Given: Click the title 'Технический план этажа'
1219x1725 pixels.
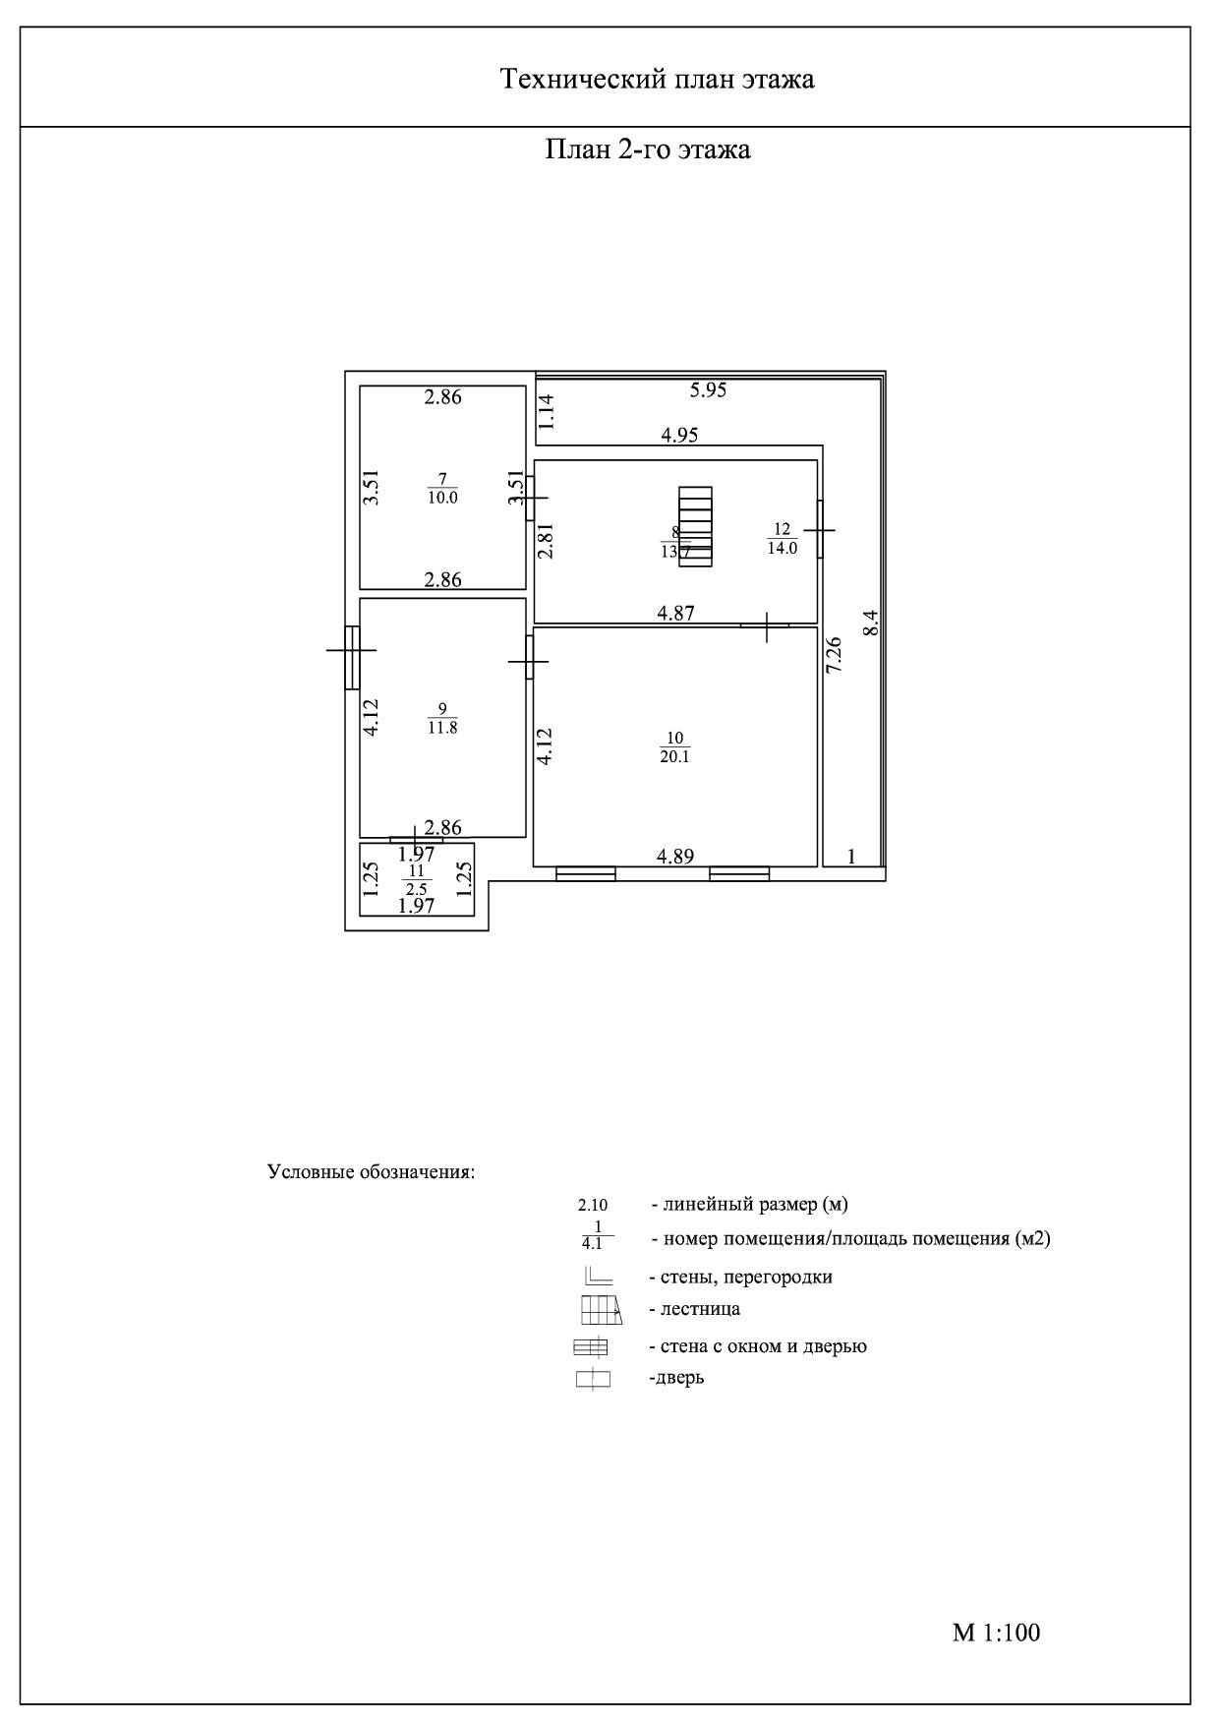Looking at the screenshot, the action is (657, 79).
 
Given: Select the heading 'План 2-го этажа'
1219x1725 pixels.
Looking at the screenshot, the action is (648, 149).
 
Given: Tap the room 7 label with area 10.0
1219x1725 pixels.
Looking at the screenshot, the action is (442, 489).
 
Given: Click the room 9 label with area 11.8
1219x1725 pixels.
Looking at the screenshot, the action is (442, 719).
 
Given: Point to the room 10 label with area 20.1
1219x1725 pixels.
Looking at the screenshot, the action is (674, 747).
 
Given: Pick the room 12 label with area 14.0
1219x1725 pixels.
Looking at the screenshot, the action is (783, 540).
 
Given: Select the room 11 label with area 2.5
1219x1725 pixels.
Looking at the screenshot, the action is (417, 879).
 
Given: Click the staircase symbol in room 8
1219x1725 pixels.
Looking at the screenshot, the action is (696, 523).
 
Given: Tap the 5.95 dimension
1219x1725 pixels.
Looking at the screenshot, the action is (708, 390).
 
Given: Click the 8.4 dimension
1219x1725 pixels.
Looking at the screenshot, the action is (870, 624).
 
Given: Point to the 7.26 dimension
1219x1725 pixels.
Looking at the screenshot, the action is (834, 655).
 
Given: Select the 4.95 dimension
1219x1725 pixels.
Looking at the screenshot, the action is (679, 435).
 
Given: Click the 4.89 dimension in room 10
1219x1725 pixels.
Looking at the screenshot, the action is (675, 857).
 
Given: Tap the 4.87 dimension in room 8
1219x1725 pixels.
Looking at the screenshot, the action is (675, 613).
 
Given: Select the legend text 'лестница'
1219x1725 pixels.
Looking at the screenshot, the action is (694, 1309).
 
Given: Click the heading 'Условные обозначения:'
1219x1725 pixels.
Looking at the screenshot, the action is (372, 1172).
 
